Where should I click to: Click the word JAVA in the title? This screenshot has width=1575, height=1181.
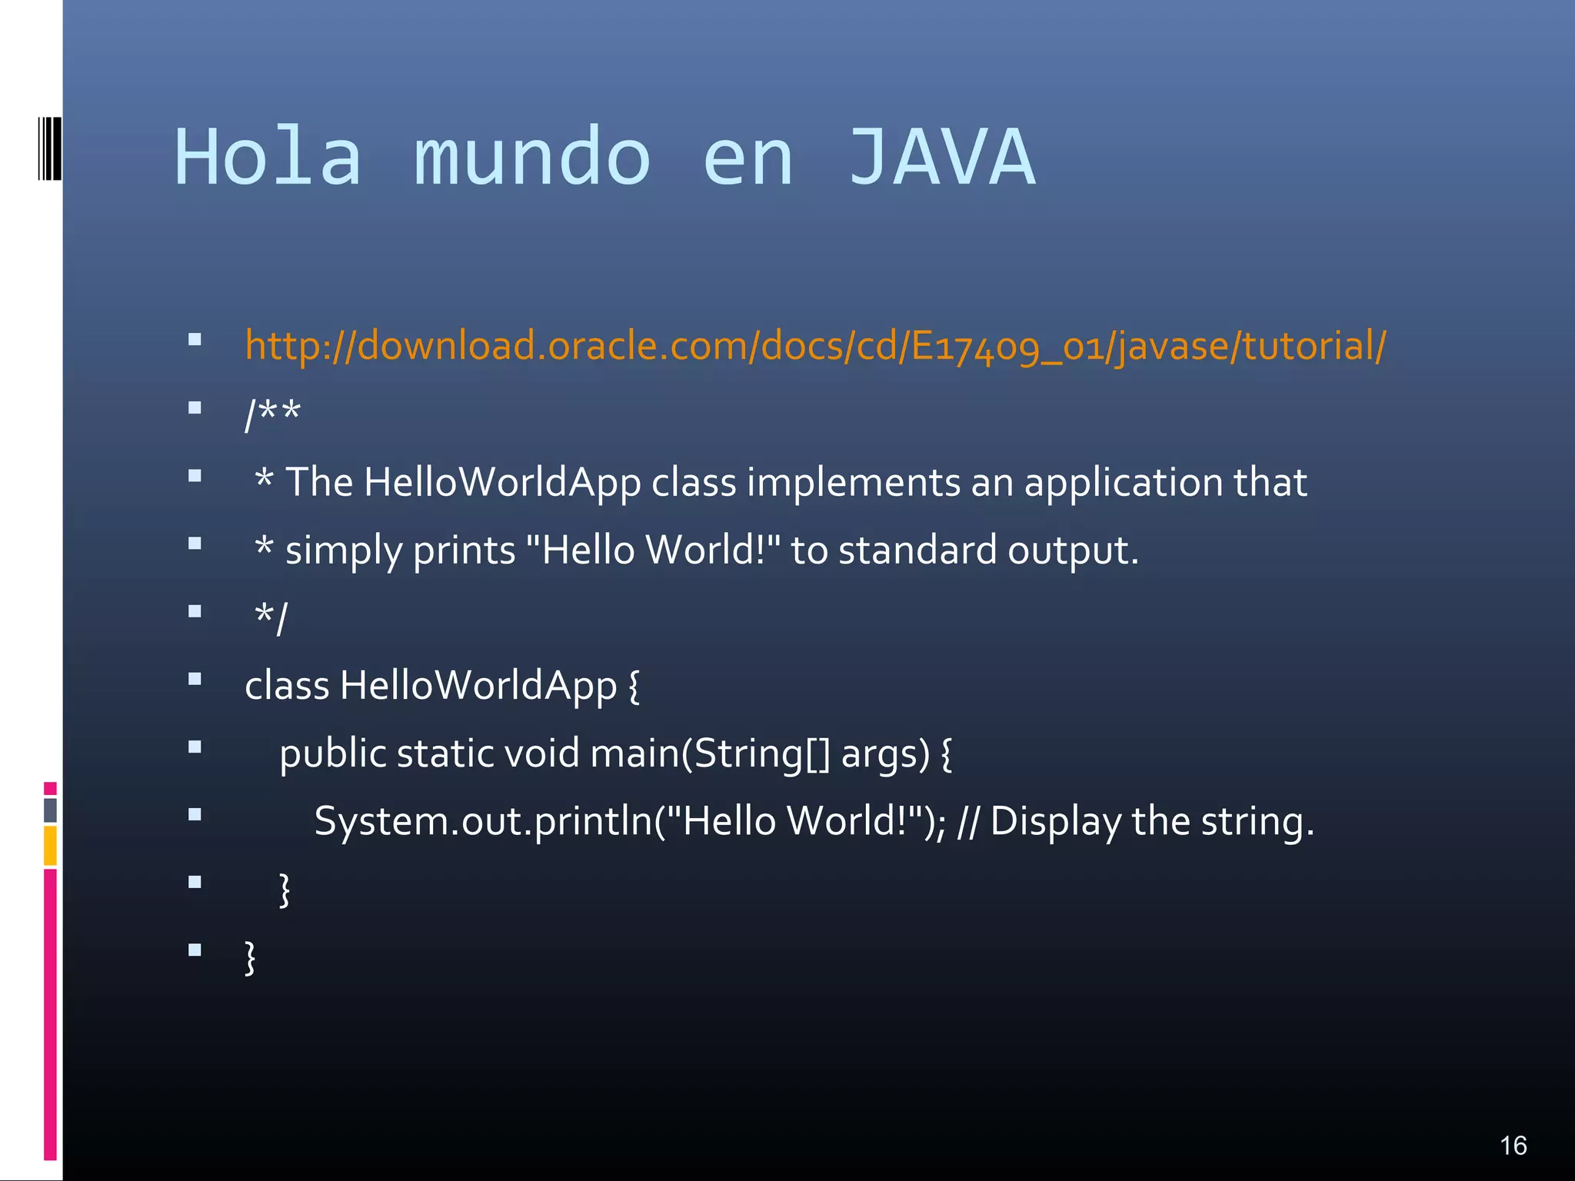(941, 158)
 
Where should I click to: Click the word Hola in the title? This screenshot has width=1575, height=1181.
(268, 158)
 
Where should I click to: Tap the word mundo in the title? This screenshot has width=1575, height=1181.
(532, 158)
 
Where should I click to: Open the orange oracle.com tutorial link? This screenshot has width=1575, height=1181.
(815, 346)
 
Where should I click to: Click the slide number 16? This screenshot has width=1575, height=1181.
(1513, 1146)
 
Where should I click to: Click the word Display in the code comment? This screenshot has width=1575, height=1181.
(1055, 821)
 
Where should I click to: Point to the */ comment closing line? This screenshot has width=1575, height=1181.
(271, 618)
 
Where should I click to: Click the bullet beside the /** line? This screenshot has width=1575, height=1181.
(195, 408)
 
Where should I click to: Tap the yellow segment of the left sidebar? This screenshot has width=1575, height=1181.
(50, 845)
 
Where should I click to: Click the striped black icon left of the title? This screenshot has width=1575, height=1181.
(49, 148)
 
